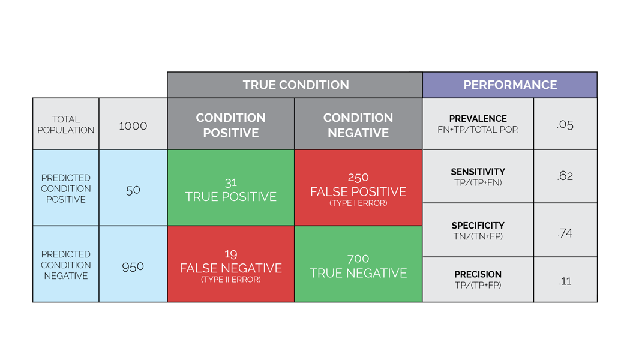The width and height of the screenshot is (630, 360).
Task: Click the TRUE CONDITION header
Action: click(295, 85)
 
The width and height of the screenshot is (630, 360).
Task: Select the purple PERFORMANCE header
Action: click(510, 85)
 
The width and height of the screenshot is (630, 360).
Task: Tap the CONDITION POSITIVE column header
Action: click(231, 125)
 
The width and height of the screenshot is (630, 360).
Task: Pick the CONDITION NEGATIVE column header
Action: click(358, 125)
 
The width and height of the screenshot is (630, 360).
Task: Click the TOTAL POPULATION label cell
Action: click(65, 125)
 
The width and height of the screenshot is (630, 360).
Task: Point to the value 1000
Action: click(133, 125)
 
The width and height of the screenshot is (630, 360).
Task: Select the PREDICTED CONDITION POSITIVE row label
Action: click(65, 188)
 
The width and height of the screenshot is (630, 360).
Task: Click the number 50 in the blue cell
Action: click(133, 190)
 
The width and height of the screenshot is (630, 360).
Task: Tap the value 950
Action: click(133, 266)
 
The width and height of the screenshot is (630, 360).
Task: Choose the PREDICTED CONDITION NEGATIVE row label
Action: click(65, 265)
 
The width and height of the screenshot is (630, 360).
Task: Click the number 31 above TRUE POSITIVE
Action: click(230, 182)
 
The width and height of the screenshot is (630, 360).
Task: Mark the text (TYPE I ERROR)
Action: click(358, 203)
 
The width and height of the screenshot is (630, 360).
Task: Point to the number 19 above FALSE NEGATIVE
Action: click(230, 254)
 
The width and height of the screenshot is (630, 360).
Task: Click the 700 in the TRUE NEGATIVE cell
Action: click(358, 259)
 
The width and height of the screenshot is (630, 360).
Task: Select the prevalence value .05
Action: click(565, 125)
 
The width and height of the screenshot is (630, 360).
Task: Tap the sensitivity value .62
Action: click(565, 176)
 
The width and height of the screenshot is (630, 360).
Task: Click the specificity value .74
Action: click(565, 233)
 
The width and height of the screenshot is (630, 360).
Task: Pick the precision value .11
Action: click(565, 281)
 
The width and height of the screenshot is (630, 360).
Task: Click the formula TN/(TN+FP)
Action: click(478, 236)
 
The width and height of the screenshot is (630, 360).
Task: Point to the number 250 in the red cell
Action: click(358, 178)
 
